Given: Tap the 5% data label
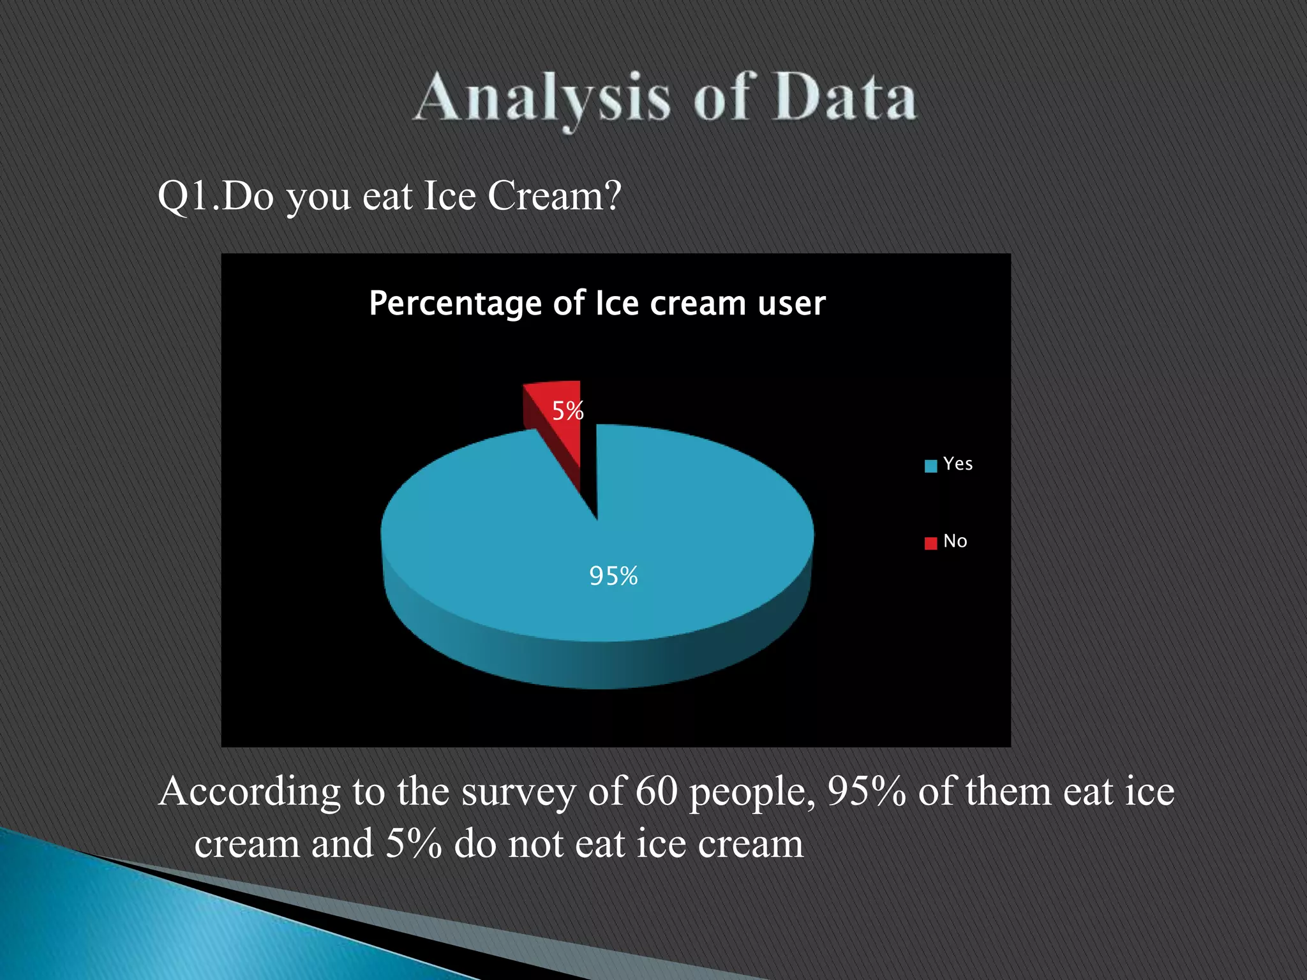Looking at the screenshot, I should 567,411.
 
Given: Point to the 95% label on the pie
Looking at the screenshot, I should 613,576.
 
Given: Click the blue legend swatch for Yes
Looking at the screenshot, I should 930,466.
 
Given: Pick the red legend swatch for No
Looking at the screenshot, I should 930,543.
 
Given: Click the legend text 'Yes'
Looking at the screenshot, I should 958,464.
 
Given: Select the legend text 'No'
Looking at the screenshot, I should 955,541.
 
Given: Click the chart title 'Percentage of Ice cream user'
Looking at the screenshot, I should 597,303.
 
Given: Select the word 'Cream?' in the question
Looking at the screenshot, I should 554,196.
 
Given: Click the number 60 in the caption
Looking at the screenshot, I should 656,791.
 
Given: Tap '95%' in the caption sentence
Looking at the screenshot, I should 866,791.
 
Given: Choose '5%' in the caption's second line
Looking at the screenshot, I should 414,843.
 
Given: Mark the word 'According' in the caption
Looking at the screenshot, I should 250,792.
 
